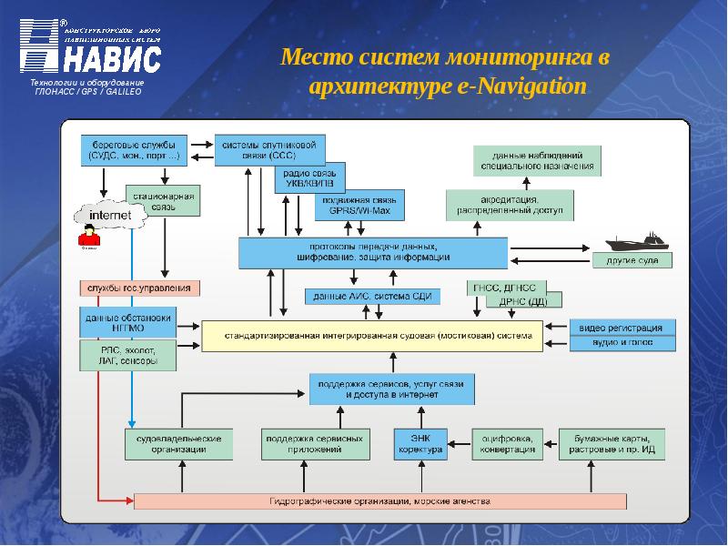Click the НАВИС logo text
pos(113,59)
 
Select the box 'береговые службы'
pos(135,149)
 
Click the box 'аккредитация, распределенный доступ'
pos(509,204)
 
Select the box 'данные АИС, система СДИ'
pos(372,297)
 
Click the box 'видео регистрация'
pos(622,328)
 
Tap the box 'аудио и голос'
pos(622,344)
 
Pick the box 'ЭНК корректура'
pos(420,444)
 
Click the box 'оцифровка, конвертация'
pos(507,444)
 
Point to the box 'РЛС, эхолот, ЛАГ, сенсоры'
pos(127,355)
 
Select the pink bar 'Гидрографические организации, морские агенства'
pos(380,501)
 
